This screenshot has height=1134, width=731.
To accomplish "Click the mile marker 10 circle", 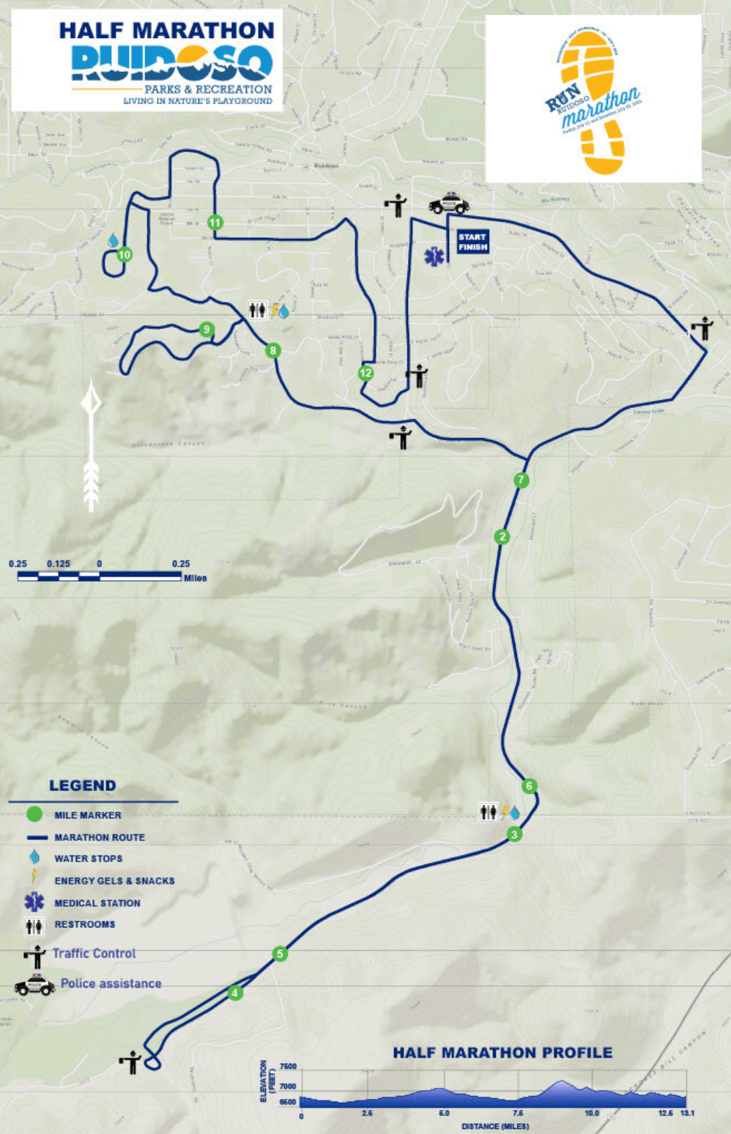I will [125, 255].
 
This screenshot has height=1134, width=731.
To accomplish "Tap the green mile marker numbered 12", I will [365, 373].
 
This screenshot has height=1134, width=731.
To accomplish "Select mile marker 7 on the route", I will [521, 481].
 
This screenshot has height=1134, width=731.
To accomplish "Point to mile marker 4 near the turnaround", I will [234, 993].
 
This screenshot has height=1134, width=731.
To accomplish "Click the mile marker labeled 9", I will [207, 330].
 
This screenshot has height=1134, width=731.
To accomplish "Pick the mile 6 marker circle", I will [529, 786].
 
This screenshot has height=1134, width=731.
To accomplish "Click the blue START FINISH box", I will [472, 242].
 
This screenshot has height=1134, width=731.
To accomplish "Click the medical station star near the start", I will [434, 256].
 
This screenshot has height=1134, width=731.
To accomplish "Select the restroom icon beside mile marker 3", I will [488, 812].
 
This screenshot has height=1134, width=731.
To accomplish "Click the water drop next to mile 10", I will [114, 240].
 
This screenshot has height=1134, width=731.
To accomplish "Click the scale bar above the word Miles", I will [100, 577].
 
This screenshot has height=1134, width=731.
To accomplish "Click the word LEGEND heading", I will [83, 785].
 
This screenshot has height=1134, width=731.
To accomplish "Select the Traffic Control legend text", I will [94, 953].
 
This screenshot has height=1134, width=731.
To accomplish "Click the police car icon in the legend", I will [34, 985].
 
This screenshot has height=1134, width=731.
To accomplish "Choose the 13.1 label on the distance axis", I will [686, 1113].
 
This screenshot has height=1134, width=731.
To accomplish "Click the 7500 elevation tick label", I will [288, 1067].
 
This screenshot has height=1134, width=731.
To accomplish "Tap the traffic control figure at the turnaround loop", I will [131, 1062].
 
